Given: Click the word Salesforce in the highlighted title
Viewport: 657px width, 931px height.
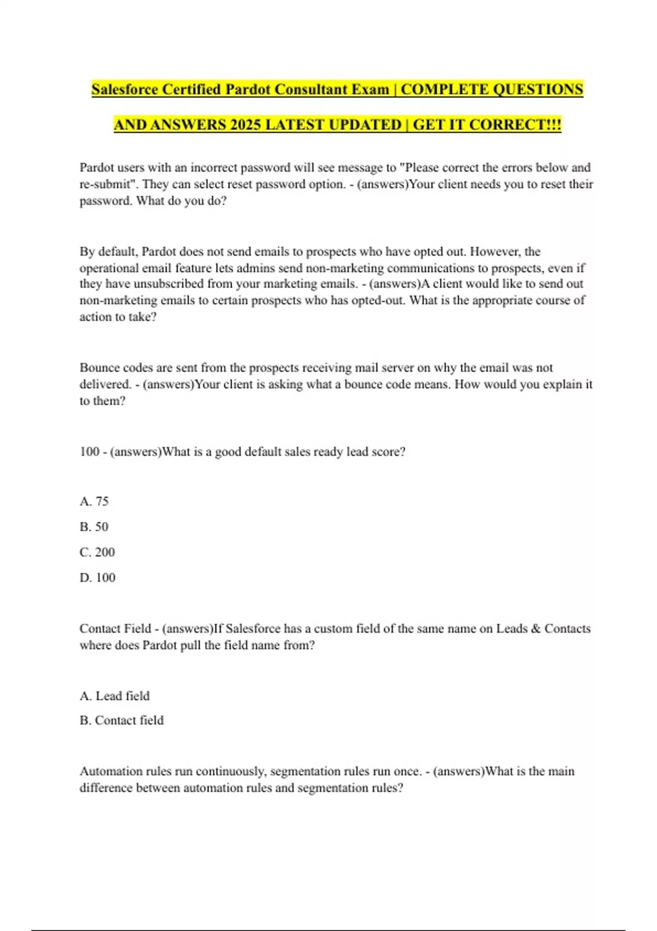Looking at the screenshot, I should click(124, 89).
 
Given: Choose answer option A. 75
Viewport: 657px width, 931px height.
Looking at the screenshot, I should click(94, 501).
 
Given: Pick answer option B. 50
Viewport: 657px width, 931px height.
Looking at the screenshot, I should click(94, 527).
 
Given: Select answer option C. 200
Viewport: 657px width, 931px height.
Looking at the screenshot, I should click(97, 552).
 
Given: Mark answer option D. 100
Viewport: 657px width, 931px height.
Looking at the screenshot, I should click(97, 578).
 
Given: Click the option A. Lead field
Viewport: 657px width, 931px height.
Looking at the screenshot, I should click(114, 696).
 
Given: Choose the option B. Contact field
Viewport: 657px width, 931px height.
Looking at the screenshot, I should click(122, 720).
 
